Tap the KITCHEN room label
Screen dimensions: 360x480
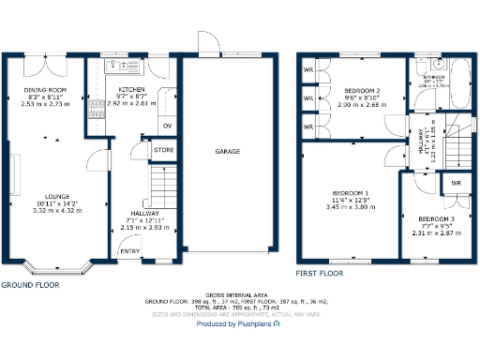tap(131, 88)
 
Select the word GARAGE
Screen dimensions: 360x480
tap(228, 151)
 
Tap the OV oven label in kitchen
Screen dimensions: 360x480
tap(167, 125)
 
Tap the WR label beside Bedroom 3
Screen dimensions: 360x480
tap(456, 183)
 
